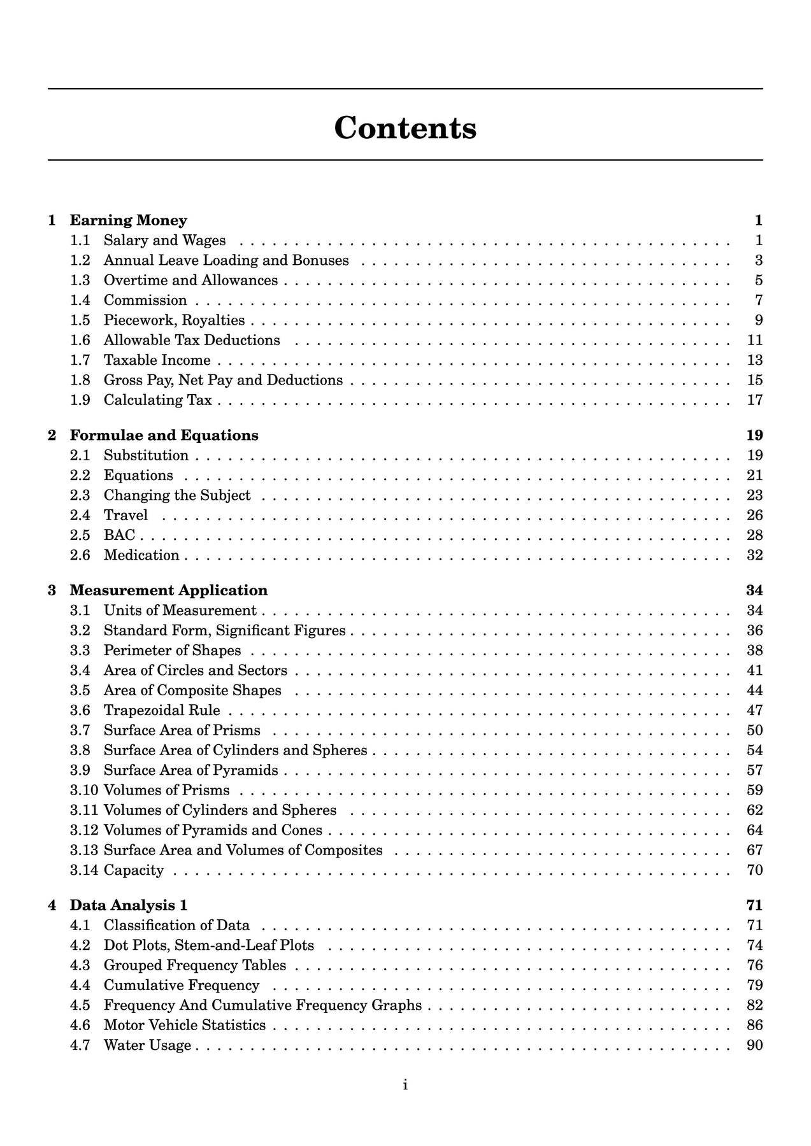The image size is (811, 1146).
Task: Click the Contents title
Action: (x=405, y=127)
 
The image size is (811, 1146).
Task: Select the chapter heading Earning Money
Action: (x=128, y=220)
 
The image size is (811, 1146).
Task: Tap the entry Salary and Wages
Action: (x=164, y=240)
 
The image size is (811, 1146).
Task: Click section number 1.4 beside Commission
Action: (x=80, y=300)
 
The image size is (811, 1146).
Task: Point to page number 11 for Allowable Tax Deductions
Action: (x=754, y=340)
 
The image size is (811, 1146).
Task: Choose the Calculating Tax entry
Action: (x=157, y=400)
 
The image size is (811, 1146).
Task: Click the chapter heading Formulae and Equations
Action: (x=164, y=435)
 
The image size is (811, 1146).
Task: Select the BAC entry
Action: (x=119, y=535)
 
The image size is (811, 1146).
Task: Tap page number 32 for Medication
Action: (x=754, y=555)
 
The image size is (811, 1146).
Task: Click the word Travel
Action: (x=126, y=515)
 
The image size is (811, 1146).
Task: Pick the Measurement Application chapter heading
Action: (x=168, y=590)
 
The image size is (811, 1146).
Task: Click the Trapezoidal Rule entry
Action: (x=162, y=710)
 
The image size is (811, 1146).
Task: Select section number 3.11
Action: (x=84, y=810)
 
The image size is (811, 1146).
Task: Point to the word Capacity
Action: (x=134, y=870)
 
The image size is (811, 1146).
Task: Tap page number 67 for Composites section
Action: (x=754, y=850)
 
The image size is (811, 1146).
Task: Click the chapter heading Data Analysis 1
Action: (x=128, y=905)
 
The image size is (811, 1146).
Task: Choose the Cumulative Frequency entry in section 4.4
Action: (x=182, y=985)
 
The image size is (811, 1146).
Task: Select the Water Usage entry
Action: (x=147, y=1045)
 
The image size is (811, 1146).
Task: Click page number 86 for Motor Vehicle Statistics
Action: (x=754, y=1025)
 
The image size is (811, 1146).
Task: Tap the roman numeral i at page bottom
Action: (x=405, y=1085)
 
